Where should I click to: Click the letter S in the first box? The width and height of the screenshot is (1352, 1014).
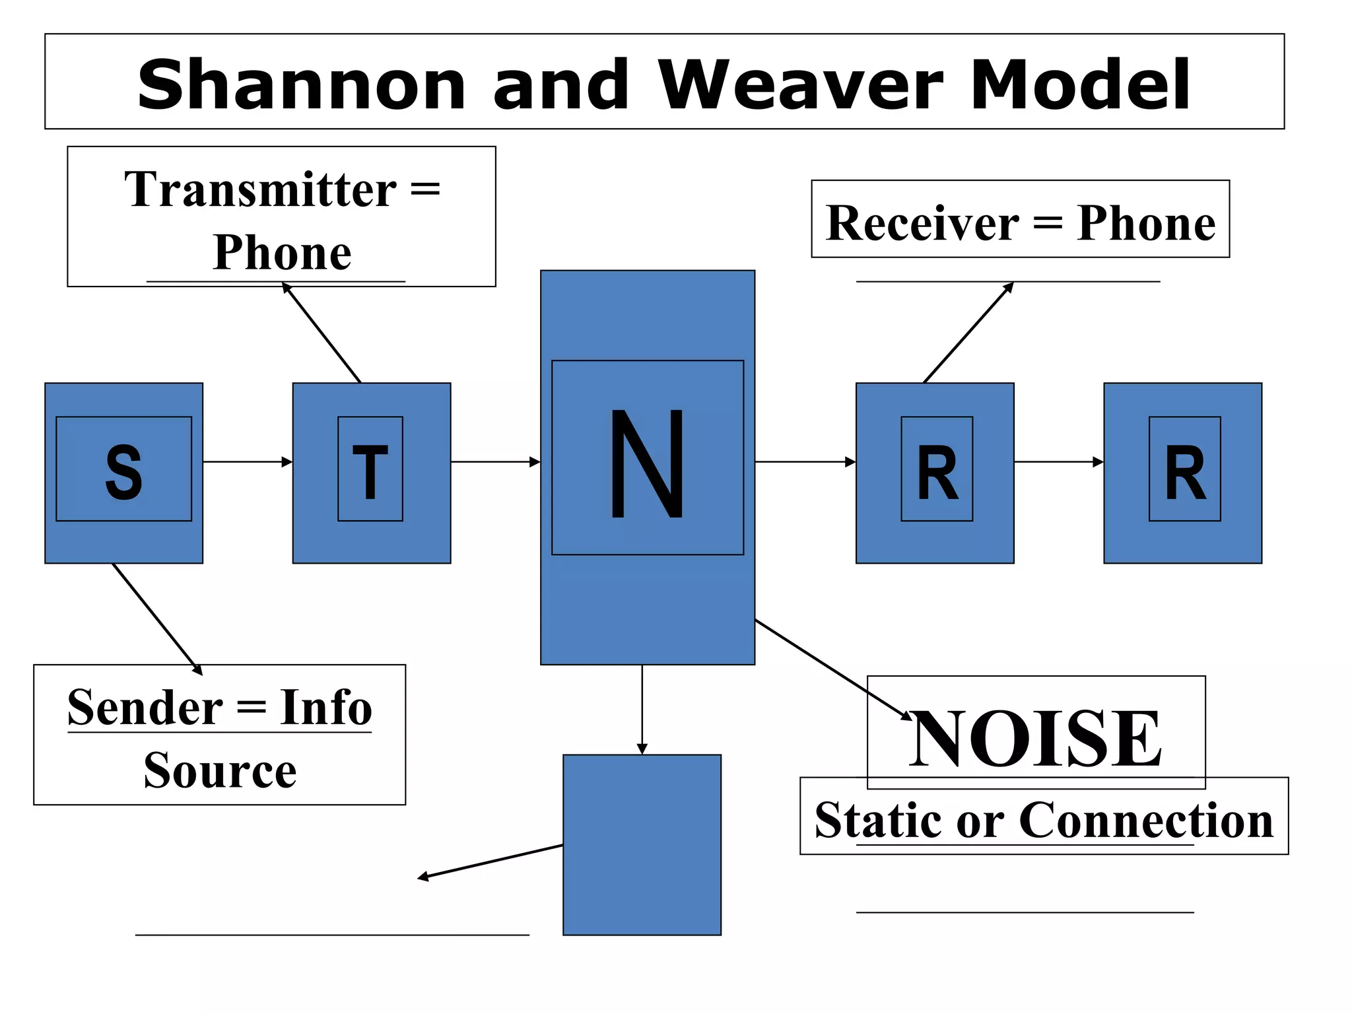[x=123, y=471]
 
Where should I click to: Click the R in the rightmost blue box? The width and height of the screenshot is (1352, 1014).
[x=1185, y=472]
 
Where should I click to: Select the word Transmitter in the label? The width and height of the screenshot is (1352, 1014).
[x=260, y=189]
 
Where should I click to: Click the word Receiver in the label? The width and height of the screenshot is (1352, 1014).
[x=922, y=223]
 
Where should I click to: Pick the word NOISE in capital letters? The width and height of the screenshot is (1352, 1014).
[x=1035, y=738]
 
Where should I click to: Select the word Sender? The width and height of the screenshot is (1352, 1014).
[x=145, y=707]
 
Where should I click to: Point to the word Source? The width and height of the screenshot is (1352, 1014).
[x=220, y=770]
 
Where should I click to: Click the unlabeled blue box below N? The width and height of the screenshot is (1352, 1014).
[x=642, y=844]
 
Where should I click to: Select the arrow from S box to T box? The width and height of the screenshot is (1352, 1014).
[x=247, y=461]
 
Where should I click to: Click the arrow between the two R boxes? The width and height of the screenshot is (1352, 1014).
[x=1058, y=461]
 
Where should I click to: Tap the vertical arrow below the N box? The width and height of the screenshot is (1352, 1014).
[x=642, y=710]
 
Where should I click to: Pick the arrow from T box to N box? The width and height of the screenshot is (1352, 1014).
[x=495, y=461]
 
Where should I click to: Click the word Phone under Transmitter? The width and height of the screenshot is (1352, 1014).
[x=282, y=252]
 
